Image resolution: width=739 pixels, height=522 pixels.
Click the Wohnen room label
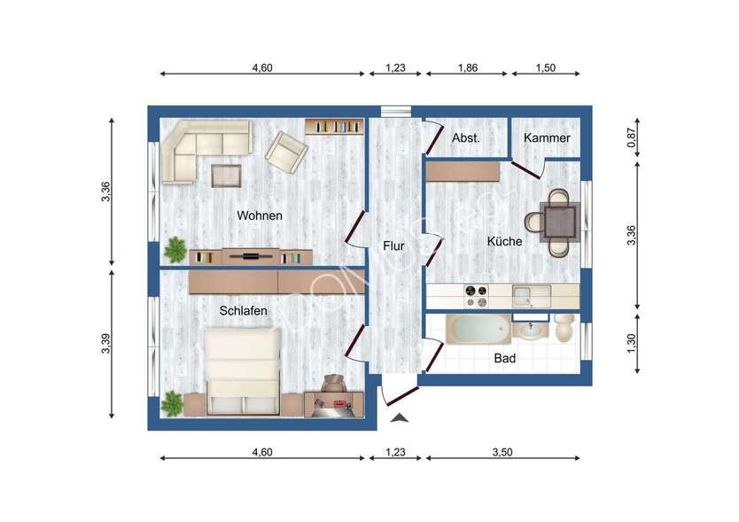(260, 215)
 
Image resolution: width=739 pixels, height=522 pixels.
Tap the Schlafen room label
(243, 310)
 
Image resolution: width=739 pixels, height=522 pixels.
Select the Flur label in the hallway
(393, 245)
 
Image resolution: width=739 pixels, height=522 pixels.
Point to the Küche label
(504, 241)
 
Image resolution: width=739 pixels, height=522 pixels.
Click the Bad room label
(504, 359)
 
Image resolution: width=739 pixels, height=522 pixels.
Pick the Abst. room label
(466, 138)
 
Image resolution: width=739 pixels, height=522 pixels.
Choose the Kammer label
(547, 138)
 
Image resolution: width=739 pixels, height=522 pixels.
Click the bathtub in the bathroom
(478, 331)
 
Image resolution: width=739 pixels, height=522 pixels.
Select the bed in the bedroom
(244, 370)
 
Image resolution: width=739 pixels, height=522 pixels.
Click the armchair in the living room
(286, 152)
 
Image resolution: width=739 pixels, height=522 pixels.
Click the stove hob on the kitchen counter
(477, 294)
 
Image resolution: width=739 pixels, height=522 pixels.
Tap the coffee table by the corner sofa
(226, 175)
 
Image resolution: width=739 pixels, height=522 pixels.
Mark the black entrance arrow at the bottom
(401, 417)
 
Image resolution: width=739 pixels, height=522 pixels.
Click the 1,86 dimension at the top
(467, 67)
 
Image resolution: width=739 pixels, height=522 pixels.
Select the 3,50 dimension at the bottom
(502, 452)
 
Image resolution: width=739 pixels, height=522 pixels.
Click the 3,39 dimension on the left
(106, 344)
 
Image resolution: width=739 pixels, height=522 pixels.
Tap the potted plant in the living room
(175, 249)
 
